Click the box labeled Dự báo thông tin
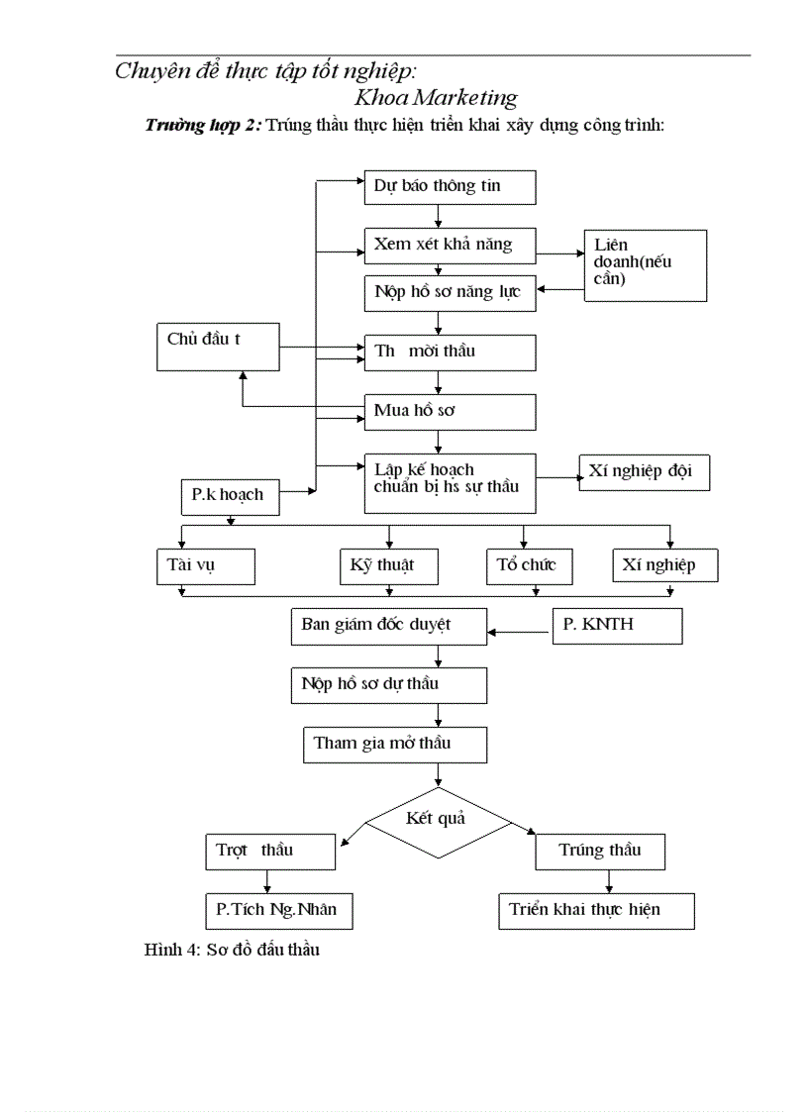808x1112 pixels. [450, 187]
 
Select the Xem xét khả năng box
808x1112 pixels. [450, 246]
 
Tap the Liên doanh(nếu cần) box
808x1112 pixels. [646, 265]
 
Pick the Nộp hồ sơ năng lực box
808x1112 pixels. [450, 293]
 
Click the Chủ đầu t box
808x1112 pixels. [218, 347]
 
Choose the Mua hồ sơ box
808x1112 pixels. [450, 412]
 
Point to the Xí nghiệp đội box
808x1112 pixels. [645, 472]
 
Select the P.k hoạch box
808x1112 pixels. [231, 496]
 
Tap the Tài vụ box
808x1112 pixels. [206, 566]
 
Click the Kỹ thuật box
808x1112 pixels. [389, 566]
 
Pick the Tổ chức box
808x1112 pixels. [529, 566]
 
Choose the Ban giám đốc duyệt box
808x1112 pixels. [389, 626]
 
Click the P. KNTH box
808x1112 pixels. [617, 626]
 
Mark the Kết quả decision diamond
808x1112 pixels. [439, 823]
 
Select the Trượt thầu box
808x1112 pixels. [270, 851]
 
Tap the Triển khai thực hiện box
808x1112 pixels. [596, 911]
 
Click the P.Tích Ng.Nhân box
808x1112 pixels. [279, 911]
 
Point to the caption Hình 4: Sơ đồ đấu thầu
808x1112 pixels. [232, 950]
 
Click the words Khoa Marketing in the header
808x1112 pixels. [436, 97]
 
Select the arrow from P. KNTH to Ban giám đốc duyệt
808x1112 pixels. [520, 632]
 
